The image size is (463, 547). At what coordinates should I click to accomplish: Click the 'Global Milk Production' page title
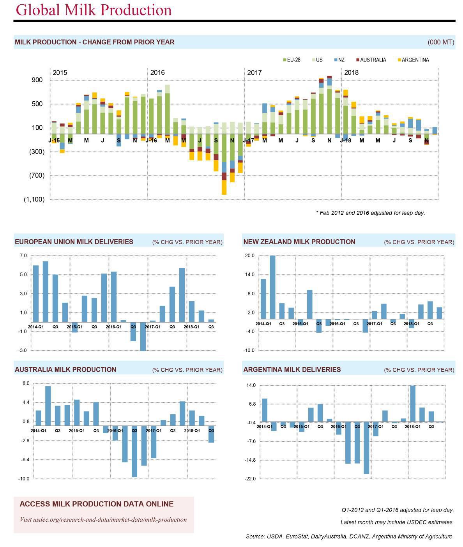tap(94, 10)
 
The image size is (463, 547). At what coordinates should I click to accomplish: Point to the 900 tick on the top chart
tap(37, 80)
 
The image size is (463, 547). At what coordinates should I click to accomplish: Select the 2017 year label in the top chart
tap(254, 72)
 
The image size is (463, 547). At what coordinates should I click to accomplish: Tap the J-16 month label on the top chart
tap(151, 140)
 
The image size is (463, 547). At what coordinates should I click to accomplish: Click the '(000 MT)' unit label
tap(441, 42)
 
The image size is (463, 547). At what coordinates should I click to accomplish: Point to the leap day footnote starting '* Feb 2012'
tap(370, 213)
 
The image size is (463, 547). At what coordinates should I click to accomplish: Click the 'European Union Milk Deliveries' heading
tap(74, 242)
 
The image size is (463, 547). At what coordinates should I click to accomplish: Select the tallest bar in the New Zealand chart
tap(272, 287)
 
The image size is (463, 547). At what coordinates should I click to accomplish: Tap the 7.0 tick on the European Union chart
tap(23, 256)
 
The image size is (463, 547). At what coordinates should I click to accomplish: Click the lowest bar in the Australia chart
tap(134, 451)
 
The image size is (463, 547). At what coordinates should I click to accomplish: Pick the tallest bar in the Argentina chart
tap(413, 403)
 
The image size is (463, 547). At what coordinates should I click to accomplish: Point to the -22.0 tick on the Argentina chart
tap(250, 478)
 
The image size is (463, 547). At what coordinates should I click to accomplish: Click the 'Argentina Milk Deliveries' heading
tap(292, 370)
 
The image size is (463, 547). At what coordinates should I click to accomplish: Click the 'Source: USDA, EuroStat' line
tap(350, 536)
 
